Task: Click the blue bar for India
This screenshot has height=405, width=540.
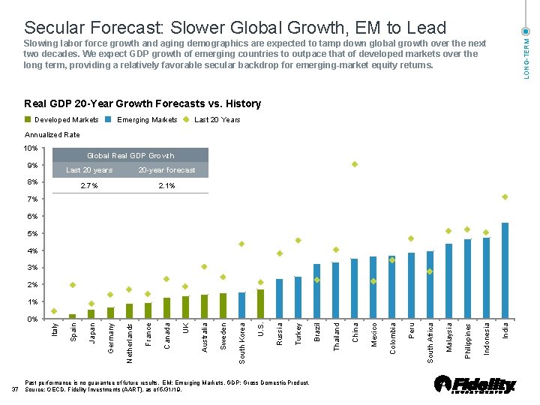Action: coord(505,271)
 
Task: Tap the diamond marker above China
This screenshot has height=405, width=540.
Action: coord(355,164)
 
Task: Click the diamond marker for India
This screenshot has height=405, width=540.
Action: coord(505,197)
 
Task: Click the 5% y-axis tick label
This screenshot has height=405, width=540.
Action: coord(33,233)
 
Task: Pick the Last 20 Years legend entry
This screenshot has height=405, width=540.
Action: coord(217,120)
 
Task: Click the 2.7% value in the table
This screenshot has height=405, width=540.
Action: coord(88,185)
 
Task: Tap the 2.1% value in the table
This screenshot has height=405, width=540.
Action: coord(166,185)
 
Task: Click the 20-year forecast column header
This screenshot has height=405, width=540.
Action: coord(166,170)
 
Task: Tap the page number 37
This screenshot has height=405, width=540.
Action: coord(16,389)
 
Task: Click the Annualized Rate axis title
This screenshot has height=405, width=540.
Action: coord(52,135)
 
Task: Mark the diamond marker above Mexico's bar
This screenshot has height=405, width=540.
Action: coord(373,281)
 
